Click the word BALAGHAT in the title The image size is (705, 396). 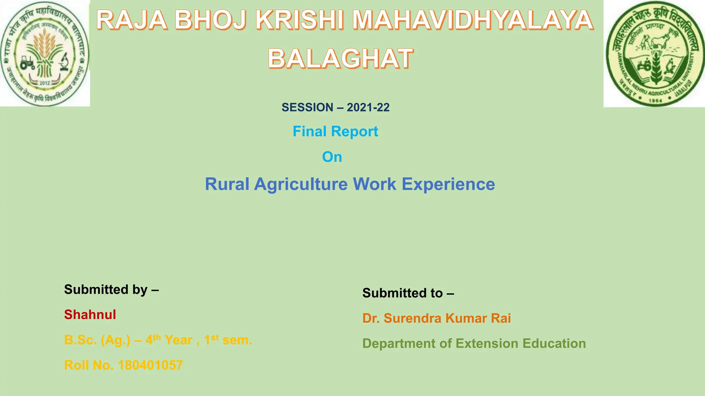tap(340, 58)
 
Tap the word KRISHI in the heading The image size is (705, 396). tap(299, 20)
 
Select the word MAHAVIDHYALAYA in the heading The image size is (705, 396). tap(473, 20)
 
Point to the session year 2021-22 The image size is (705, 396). tap(368, 107)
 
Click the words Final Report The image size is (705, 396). tap(335, 131)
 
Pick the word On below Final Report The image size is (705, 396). tap(332, 157)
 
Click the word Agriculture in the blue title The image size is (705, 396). tap(301, 184)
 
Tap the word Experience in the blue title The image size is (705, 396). tap(448, 184)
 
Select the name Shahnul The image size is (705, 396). tap(90, 315)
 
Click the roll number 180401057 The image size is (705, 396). tap(150, 365)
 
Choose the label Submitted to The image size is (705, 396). tap(408, 293)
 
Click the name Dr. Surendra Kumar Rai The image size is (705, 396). tap(436, 318)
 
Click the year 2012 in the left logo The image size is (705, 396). tap(45, 83)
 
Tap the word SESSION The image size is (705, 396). tap(307, 107)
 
